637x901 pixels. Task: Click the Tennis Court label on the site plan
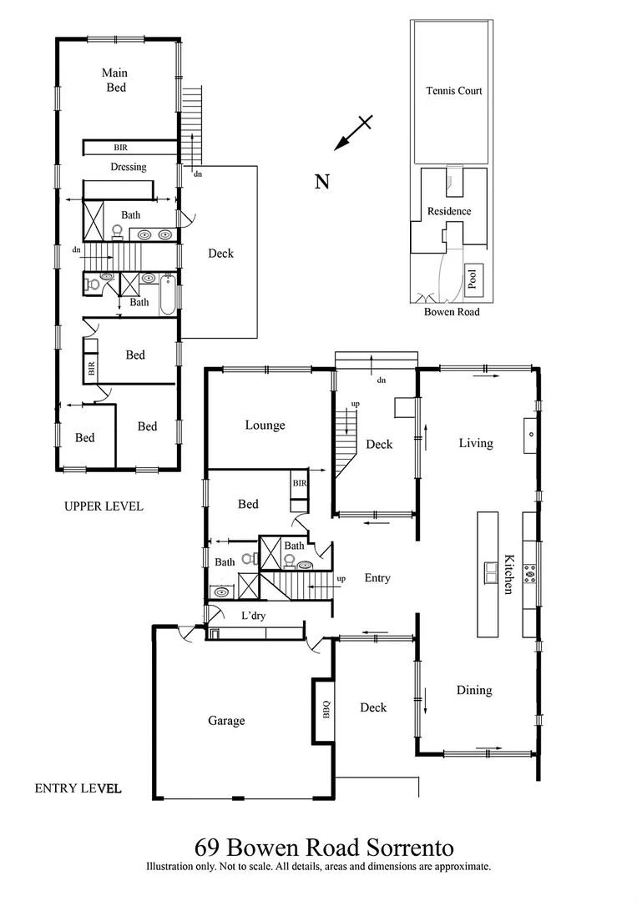(453, 91)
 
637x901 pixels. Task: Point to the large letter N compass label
(321, 181)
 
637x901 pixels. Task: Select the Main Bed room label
(115, 79)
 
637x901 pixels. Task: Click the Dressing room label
(129, 167)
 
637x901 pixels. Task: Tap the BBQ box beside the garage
(326, 709)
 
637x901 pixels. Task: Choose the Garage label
(226, 720)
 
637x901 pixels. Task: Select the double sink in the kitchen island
(488, 572)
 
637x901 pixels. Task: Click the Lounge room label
(265, 425)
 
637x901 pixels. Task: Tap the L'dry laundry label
(253, 615)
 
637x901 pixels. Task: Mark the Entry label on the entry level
(377, 577)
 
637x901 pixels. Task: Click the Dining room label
(473, 690)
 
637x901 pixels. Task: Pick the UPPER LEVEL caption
(104, 506)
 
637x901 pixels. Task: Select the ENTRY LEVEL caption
(78, 788)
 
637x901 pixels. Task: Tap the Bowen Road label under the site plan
(452, 312)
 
